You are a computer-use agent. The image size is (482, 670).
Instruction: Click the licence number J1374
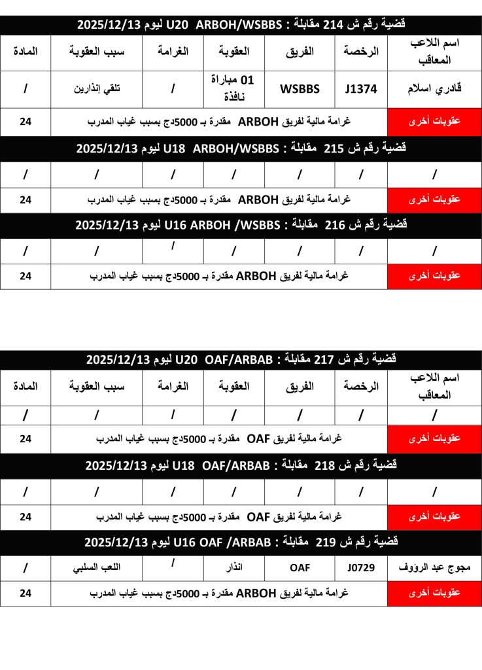[x=360, y=90]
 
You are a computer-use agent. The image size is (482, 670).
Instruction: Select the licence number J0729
[x=360, y=568]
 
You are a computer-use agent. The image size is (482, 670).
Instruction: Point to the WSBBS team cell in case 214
[x=300, y=90]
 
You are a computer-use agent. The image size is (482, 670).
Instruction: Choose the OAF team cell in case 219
[x=300, y=568]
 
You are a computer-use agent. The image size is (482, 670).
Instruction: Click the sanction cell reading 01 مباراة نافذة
[x=233, y=89]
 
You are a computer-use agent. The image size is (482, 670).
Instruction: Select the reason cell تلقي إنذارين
[x=96, y=90]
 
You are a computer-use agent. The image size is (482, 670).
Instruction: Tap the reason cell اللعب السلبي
[x=96, y=568]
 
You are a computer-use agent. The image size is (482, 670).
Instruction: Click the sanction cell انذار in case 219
[x=233, y=568]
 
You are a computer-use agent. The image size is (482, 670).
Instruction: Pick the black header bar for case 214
[x=241, y=24]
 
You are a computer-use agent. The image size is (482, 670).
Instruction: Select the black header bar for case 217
[x=241, y=359]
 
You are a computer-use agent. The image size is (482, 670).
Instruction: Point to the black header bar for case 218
[x=241, y=466]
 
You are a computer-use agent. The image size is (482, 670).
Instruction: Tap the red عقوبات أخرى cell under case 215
[x=434, y=199]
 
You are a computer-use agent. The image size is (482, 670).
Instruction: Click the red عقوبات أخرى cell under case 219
[x=434, y=593]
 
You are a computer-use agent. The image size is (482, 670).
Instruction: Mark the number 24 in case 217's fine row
[x=25, y=438]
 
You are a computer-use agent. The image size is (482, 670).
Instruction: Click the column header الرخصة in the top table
[x=361, y=52]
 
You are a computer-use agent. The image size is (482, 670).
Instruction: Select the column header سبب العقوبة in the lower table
[x=96, y=386]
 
